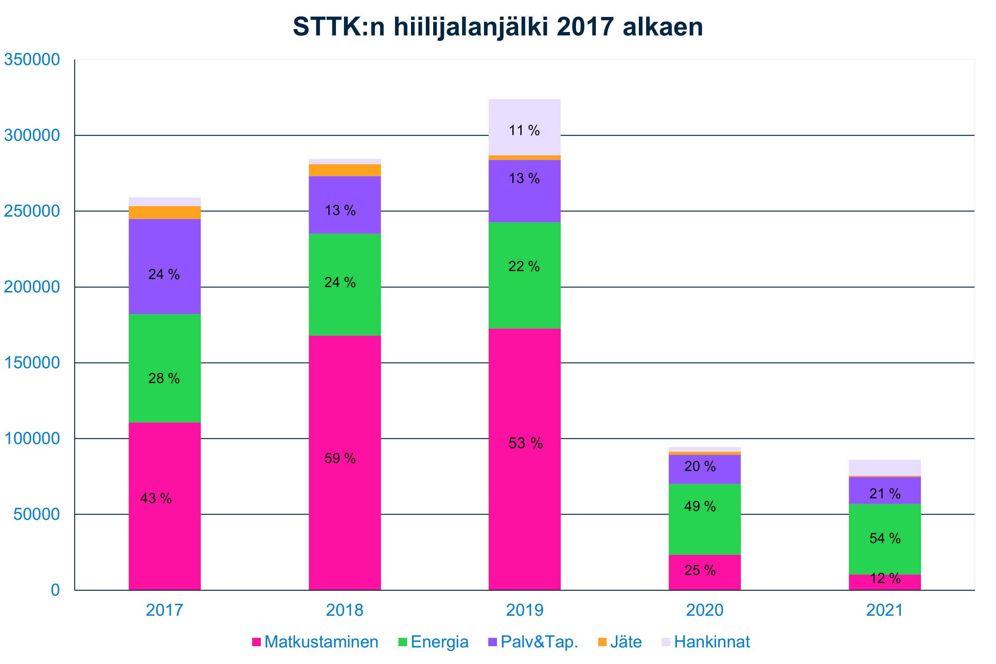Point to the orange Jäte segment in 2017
pos(164,213)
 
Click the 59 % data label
pos(340,458)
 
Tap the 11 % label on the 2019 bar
pos(524,131)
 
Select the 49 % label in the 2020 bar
pos(700,506)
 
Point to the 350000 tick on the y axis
pos(32,60)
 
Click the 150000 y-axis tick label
pos(32,363)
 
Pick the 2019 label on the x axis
pos(524,610)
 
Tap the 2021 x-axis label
pos(884,610)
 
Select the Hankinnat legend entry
pos(712,642)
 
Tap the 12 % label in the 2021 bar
pos(885,578)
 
